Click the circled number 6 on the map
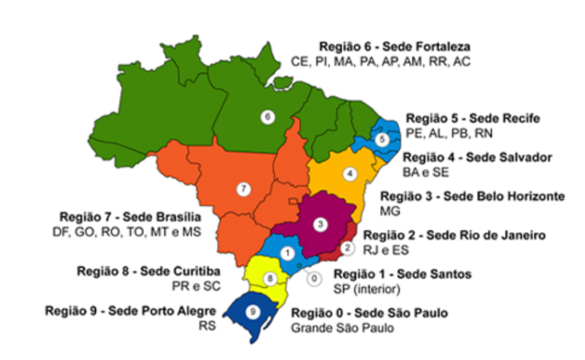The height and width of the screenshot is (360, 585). coord(267,116)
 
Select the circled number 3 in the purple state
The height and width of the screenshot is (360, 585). coord(321,224)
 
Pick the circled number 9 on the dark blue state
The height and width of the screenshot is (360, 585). coord(253,311)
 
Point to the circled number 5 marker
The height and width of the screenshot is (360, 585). coord(383,139)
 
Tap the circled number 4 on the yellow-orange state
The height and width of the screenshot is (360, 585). coord(350,174)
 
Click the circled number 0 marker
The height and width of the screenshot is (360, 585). coord(314,278)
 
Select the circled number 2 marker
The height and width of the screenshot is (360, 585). coord(347,247)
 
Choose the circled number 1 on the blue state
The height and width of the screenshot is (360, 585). coord(287,252)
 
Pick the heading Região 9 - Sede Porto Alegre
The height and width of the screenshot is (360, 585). coord(127,310)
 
